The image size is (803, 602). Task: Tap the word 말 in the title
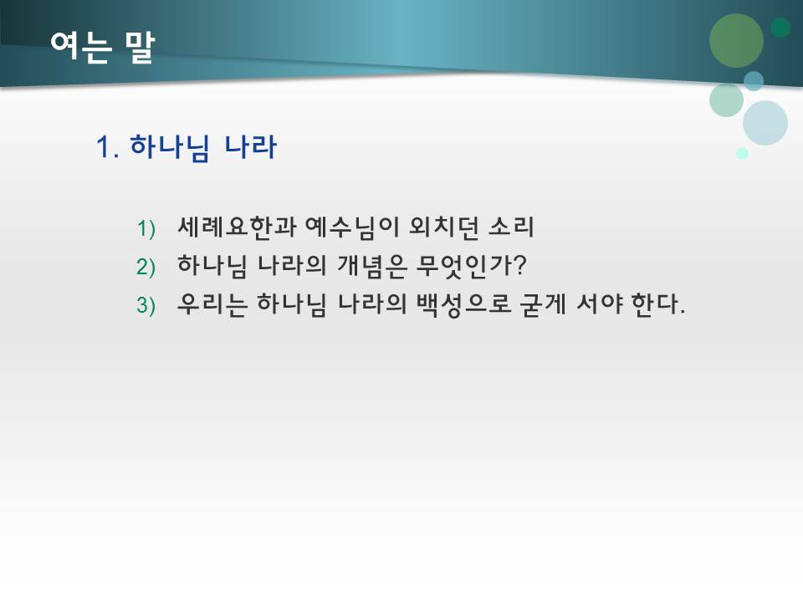(138, 48)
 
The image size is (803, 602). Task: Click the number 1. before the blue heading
(110, 149)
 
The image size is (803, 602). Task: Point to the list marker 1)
(146, 228)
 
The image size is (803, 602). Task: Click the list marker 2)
(146, 268)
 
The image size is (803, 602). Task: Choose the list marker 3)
(146, 306)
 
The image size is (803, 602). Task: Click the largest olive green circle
(736, 41)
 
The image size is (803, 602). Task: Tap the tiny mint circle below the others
(742, 153)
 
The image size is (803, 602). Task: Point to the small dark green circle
(780, 28)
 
